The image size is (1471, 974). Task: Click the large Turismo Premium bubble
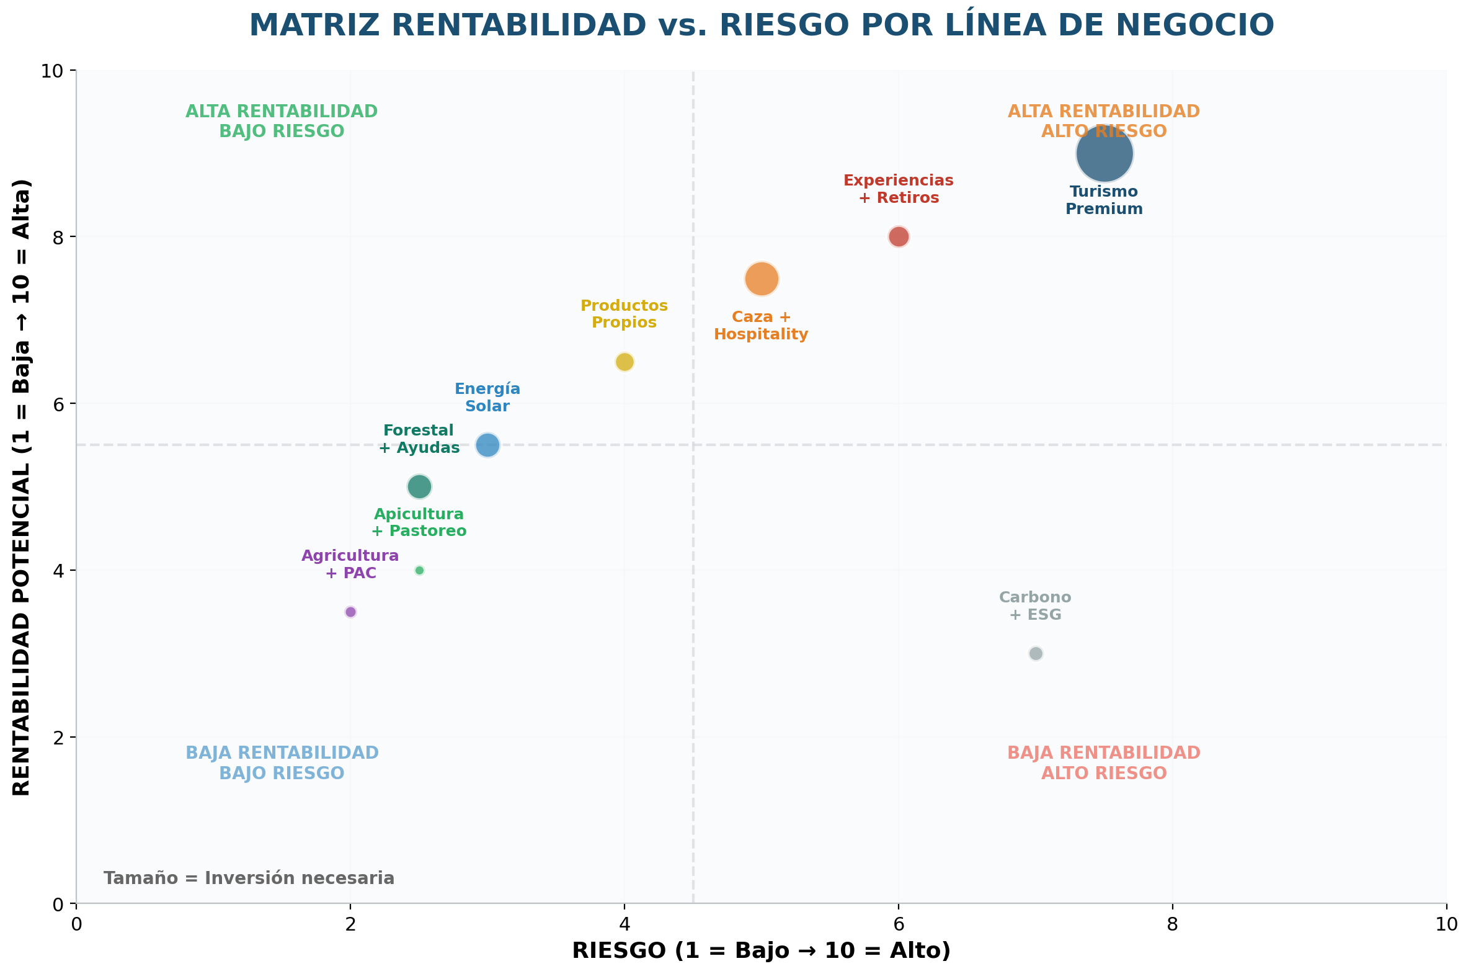1104,153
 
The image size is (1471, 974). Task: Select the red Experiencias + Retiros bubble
898,236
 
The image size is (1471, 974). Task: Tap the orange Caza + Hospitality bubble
762,279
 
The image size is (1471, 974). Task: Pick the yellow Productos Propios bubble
624,362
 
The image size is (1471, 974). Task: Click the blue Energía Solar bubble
487,445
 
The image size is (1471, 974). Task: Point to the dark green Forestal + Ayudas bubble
419,486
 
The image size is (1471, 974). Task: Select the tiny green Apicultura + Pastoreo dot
419,570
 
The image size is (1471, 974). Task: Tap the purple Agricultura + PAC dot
350,612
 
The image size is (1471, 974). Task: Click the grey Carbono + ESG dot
1035,653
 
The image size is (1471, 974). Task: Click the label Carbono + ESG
1034,605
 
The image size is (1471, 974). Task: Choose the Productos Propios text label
624,314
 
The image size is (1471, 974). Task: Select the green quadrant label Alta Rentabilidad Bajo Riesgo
282,121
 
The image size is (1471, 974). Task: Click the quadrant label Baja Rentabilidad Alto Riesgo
1103,763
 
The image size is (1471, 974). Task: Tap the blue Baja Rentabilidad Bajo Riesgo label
282,763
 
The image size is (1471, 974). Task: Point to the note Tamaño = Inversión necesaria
249,878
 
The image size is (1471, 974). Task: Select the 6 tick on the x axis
898,924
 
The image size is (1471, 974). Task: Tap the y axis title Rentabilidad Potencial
22,487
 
